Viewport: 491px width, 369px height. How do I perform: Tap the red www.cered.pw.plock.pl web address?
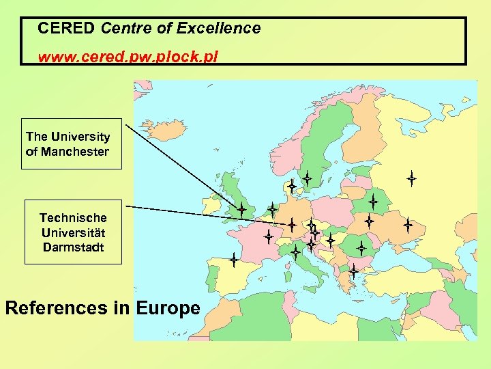128,57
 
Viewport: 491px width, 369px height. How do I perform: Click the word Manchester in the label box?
75,152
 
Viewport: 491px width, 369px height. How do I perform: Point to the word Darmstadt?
73,247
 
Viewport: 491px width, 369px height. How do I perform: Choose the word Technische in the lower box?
73,218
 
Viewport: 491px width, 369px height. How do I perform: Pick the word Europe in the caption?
168,308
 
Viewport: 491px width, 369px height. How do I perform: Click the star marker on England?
241,209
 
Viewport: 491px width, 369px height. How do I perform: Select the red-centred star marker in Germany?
291,224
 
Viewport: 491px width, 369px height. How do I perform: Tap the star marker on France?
269,237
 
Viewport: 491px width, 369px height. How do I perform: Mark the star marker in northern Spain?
233,260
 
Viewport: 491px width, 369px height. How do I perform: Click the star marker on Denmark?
291,186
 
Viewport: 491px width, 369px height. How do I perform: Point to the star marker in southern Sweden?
308,179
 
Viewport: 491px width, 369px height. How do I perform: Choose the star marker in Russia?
412,179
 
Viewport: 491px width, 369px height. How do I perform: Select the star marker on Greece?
354,271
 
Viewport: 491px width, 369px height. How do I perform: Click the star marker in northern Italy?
296,251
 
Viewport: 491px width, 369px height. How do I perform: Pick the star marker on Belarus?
373,202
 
